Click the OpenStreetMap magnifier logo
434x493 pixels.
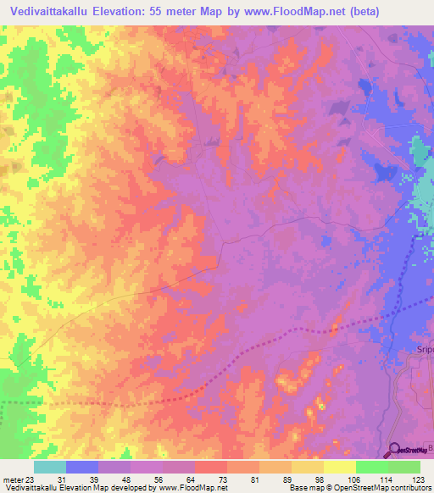click(395, 449)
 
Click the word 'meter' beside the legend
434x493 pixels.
click(10, 479)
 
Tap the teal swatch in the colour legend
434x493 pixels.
click(50, 467)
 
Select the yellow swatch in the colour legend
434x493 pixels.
click(339, 467)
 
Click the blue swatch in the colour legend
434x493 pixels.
click(82, 467)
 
